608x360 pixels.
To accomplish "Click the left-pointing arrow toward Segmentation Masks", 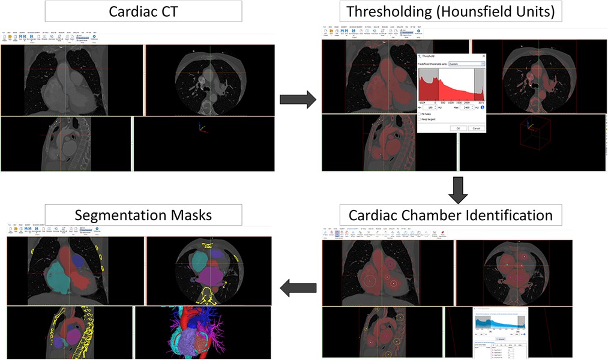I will tap(298, 288).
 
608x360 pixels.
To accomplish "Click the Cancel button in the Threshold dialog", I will tap(475, 128).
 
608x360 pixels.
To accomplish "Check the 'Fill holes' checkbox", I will tap(419, 113).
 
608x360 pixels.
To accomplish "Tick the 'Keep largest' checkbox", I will tap(419, 119).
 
